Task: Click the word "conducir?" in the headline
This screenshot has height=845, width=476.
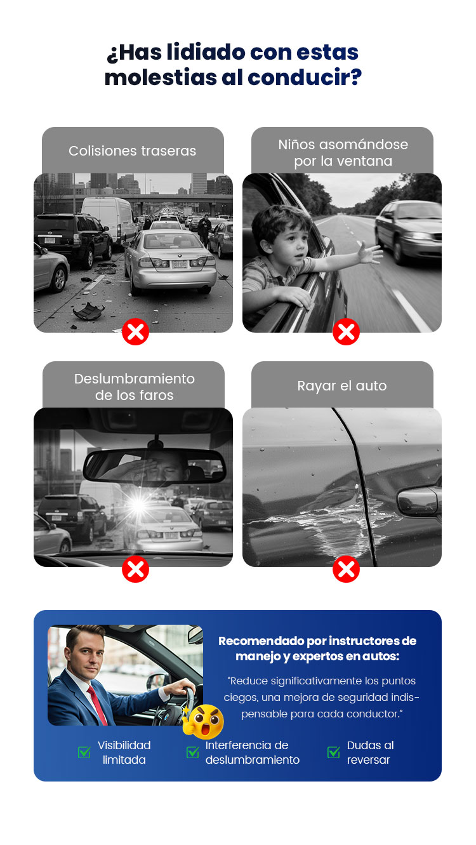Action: click(x=305, y=77)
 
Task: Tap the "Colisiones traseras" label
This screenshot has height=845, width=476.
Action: click(x=133, y=151)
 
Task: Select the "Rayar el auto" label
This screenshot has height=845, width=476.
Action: click(x=342, y=386)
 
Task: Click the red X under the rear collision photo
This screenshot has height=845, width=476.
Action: click(x=135, y=331)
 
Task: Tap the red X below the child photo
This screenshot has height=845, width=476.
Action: click(x=346, y=331)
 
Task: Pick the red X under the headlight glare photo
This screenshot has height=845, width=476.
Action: click(x=135, y=569)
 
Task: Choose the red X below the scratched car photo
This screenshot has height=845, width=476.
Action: click(x=346, y=569)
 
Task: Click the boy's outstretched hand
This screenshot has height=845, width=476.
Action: click(x=369, y=253)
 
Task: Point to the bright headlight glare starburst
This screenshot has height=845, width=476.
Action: click(x=138, y=505)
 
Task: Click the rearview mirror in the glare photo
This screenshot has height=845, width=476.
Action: click(x=154, y=467)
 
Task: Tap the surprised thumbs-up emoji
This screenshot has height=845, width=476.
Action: click(x=204, y=721)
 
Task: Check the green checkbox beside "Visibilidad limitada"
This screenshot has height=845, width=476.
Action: click(x=84, y=752)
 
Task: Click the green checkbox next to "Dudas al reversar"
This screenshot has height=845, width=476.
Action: click(x=333, y=752)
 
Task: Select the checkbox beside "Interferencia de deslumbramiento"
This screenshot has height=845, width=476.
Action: click(x=193, y=752)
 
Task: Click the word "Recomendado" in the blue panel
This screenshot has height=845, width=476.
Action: click(x=261, y=641)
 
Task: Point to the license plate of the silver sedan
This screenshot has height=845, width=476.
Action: click(x=180, y=265)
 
